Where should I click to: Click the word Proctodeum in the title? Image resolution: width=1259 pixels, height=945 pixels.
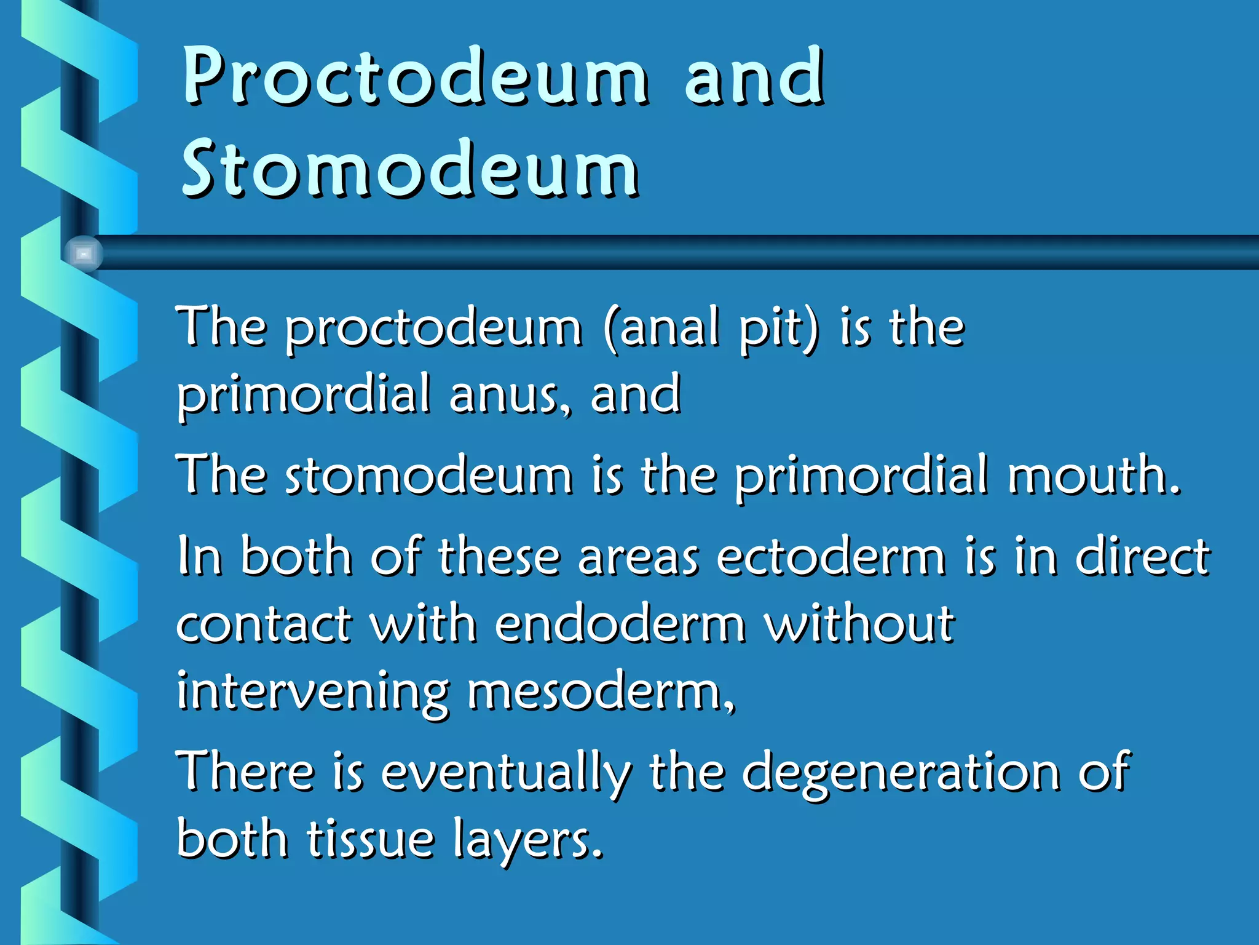(415, 77)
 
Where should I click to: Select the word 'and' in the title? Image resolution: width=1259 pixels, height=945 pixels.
(754, 77)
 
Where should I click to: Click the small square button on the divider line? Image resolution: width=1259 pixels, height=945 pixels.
(84, 253)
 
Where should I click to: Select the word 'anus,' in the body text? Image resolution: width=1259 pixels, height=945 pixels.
(510, 395)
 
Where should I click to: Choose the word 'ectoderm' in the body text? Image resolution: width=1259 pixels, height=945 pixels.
(831, 557)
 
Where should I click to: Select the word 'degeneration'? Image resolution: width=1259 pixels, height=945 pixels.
(901, 772)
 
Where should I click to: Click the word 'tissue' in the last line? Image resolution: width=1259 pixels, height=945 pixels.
(371, 840)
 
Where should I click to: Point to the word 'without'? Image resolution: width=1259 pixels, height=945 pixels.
(859, 624)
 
